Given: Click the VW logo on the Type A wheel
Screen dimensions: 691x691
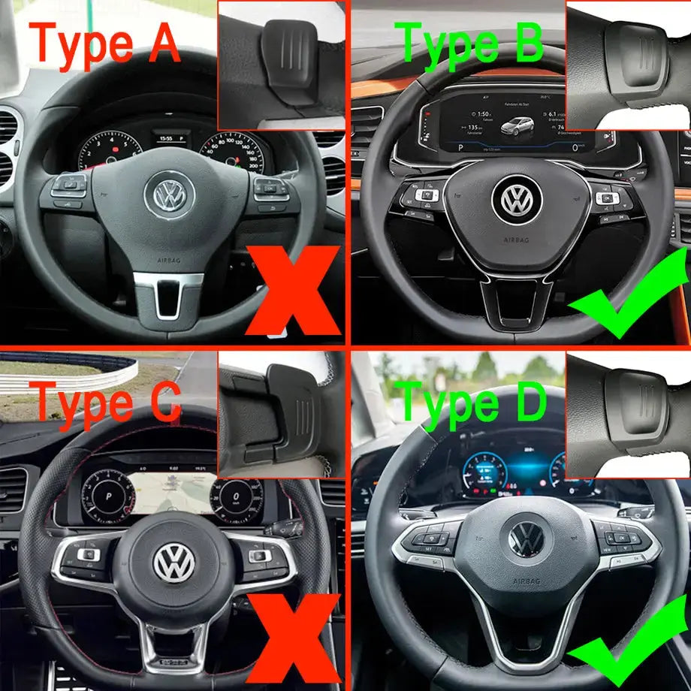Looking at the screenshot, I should [169, 194].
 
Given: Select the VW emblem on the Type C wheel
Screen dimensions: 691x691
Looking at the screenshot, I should [174, 563].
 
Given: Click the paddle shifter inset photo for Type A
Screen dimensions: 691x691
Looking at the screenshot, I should [282, 66].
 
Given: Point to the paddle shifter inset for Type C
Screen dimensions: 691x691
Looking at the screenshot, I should [282, 415].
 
